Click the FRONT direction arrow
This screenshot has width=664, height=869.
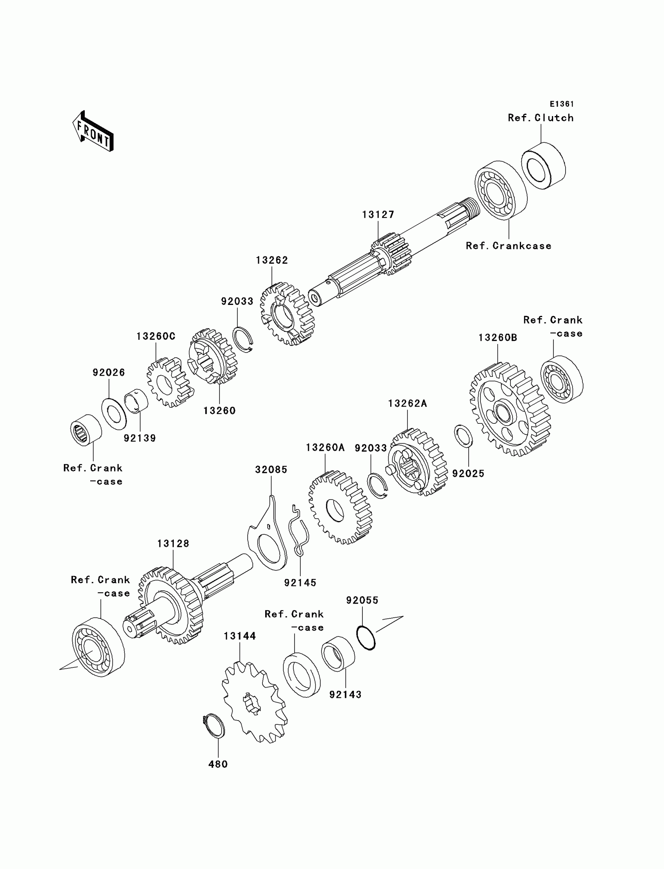[x=93, y=132]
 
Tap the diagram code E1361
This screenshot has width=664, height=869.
[x=562, y=104]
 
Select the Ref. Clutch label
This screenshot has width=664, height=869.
[x=540, y=118]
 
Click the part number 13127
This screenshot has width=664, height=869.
[x=378, y=215]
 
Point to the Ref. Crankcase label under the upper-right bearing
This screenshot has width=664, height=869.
[x=508, y=246]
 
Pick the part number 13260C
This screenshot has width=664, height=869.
[x=156, y=336]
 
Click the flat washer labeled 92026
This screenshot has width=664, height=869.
[x=114, y=414]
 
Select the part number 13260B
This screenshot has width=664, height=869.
[x=497, y=338]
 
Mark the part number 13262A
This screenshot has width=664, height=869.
[x=407, y=403]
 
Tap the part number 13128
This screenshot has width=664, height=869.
[x=173, y=543]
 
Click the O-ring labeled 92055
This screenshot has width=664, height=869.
[x=366, y=637]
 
